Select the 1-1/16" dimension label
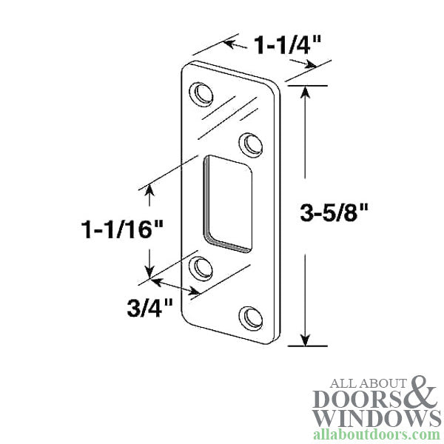pos(122,228)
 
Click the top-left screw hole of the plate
pos(201,94)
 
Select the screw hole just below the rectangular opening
pos(201,267)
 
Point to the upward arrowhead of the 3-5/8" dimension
pos(304,91)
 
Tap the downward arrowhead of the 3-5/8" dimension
pos(304,340)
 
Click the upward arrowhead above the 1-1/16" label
pos(149,191)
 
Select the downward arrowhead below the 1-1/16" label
pos(149,272)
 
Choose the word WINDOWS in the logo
pos(377,418)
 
